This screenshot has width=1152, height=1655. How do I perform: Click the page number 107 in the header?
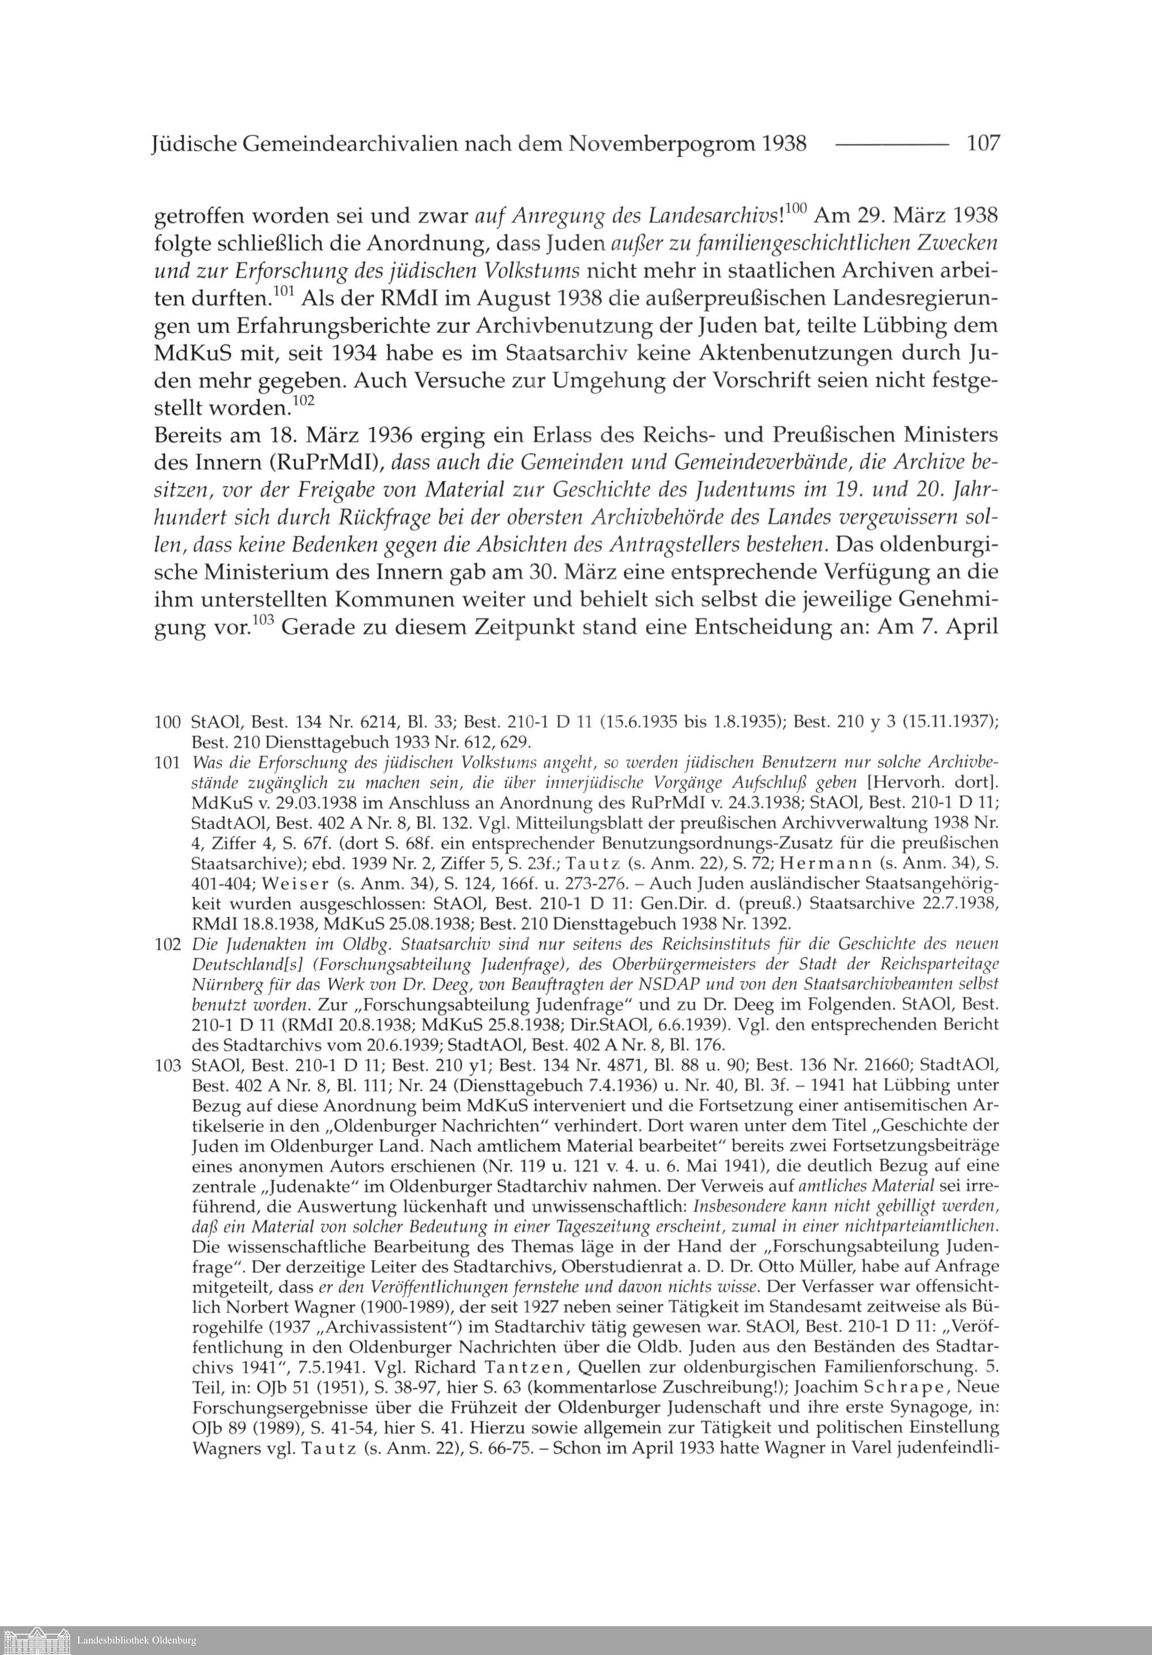[983, 143]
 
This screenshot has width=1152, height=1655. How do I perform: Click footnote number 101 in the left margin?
[167, 762]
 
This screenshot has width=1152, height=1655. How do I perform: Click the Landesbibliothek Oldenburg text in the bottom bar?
[135, 1641]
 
